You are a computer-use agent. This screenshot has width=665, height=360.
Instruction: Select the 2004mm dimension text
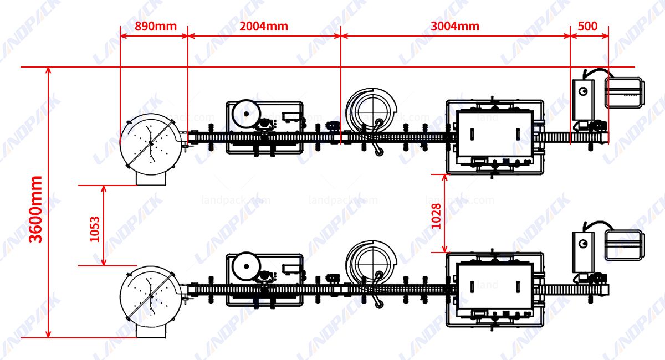(x=264, y=26)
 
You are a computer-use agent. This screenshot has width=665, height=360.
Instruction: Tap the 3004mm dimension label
(x=455, y=26)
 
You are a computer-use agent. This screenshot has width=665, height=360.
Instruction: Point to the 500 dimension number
(x=587, y=26)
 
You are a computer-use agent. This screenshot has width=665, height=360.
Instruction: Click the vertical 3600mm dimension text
(x=36, y=209)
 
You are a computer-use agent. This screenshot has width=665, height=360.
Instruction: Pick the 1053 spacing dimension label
(x=95, y=229)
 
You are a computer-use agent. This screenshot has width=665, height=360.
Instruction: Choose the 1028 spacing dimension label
(x=436, y=217)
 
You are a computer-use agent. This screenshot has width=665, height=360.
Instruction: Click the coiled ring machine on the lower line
(x=371, y=264)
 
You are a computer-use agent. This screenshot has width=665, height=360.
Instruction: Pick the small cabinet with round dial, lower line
(x=583, y=250)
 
